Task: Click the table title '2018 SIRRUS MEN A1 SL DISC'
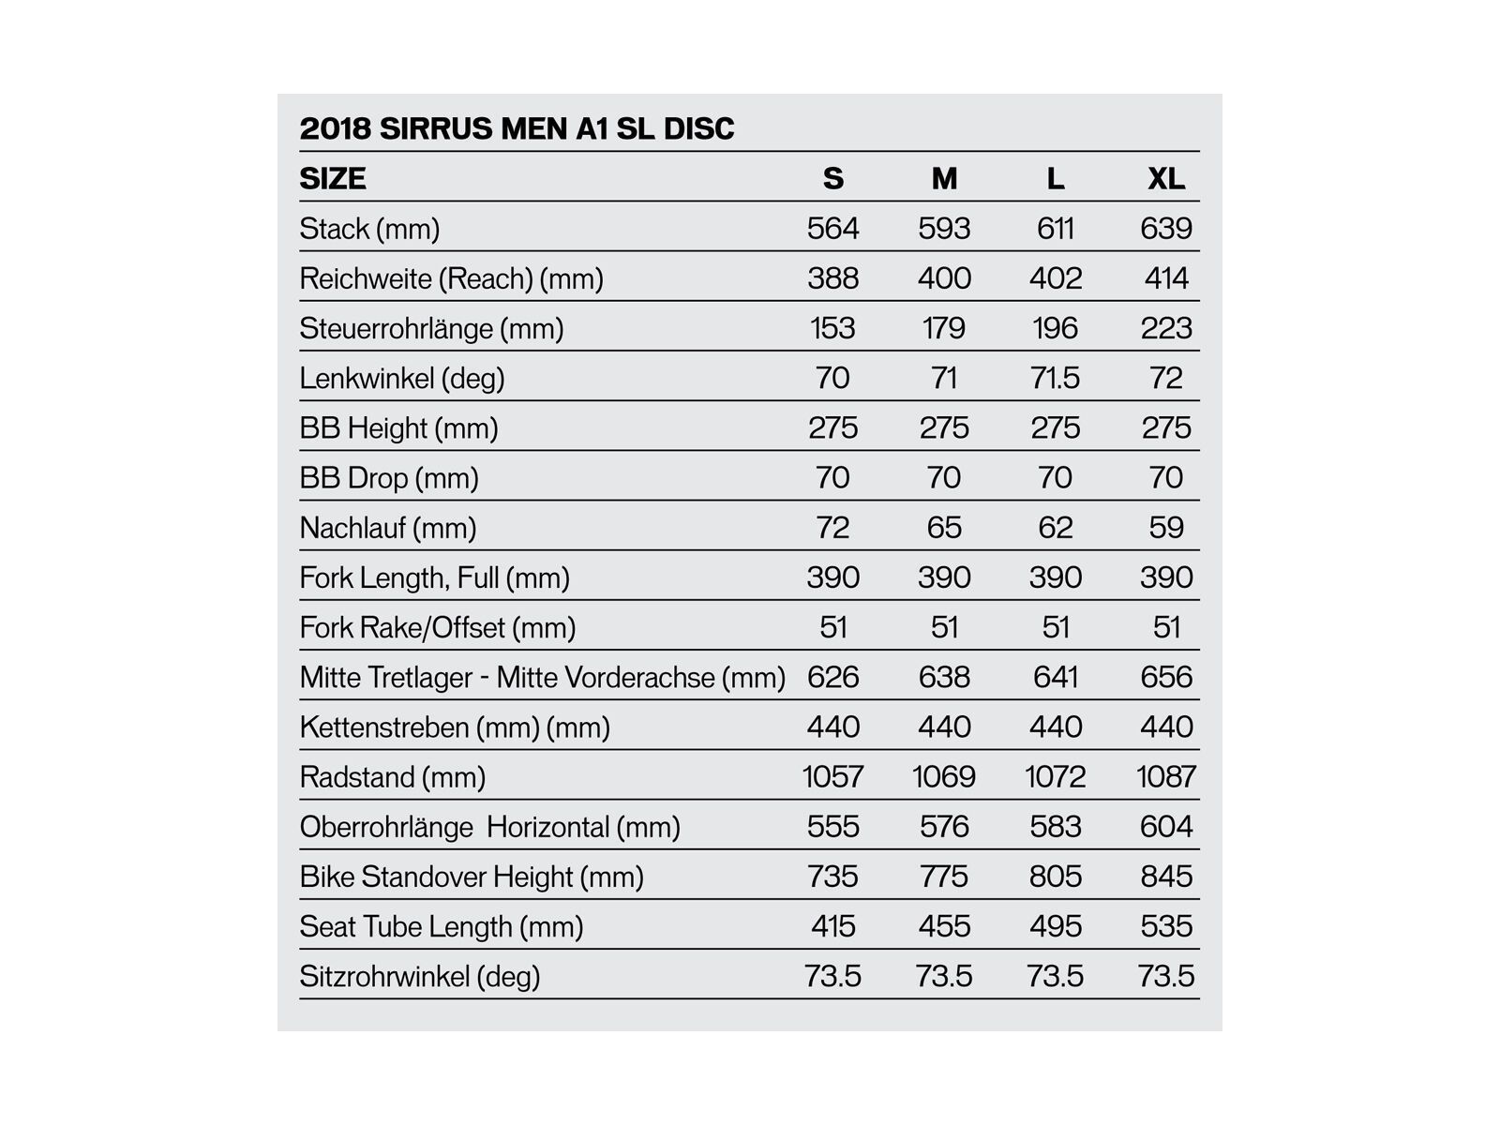pyautogui.click(x=517, y=128)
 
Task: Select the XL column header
pyautogui.click(x=1166, y=178)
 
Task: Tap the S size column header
pyautogui.click(x=832, y=178)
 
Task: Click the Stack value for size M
pyautogui.click(x=944, y=228)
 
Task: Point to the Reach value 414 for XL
pyautogui.click(x=1166, y=277)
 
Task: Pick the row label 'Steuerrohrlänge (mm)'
pyautogui.click(x=431, y=328)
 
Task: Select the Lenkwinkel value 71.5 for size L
pyautogui.click(x=1055, y=378)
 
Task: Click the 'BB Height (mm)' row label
pyautogui.click(x=398, y=427)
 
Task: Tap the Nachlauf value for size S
pyautogui.click(x=832, y=527)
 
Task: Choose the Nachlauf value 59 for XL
pyautogui.click(x=1166, y=527)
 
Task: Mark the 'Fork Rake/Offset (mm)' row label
pyautogui.click(x=437, y=627)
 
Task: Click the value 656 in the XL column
pyautogui.click(x=1166, y=677)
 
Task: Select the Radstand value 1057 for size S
pyautogui.click(x=832, y=776)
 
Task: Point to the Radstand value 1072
pyautogui.click(x=1055, y=776)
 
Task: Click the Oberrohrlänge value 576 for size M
pyautogui.click(x=944, y=826)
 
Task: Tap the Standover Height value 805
pyautogui.click(x=1055, y=876)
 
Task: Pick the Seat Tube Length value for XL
pyautogui.click(x=1166, y=926)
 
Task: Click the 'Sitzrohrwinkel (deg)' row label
pyautogui.click(x=420, y=976)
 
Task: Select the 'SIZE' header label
pyautogui.click(x=333, y=178)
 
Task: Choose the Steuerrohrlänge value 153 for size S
pyautogui.click(x=832, y=328)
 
